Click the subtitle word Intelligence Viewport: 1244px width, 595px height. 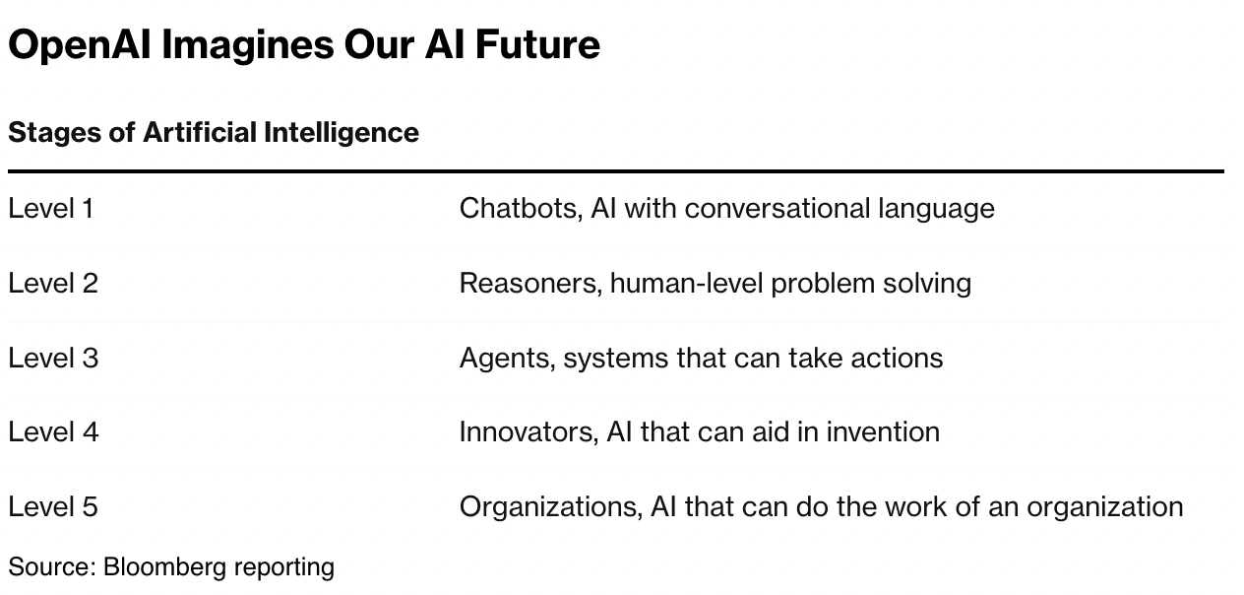[342, 132]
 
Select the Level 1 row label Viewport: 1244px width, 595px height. [51, 209]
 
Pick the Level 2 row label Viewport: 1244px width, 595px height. [53, 284]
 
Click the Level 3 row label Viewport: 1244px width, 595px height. [53, 358]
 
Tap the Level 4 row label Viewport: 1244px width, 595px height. [53, 432]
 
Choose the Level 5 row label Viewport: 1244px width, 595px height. [53, 507]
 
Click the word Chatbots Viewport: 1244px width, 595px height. [519, 209]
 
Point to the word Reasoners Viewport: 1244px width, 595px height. [529, 284]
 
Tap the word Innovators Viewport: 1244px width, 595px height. [525, 432]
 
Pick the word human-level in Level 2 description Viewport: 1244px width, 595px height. [686, 284]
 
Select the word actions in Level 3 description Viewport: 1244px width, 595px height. [901, 358]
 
